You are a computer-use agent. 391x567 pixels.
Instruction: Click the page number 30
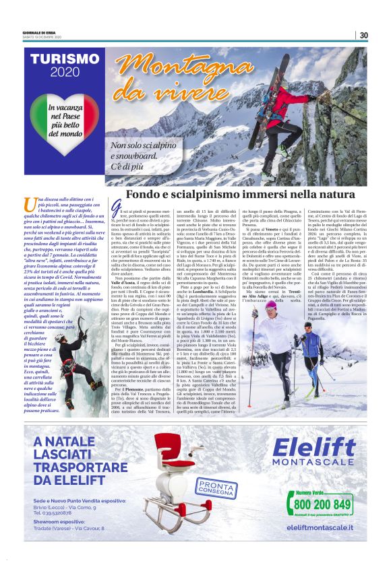363,36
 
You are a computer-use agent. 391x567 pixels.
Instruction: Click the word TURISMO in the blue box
65,59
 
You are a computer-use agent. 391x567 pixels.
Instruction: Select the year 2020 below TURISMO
65,72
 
